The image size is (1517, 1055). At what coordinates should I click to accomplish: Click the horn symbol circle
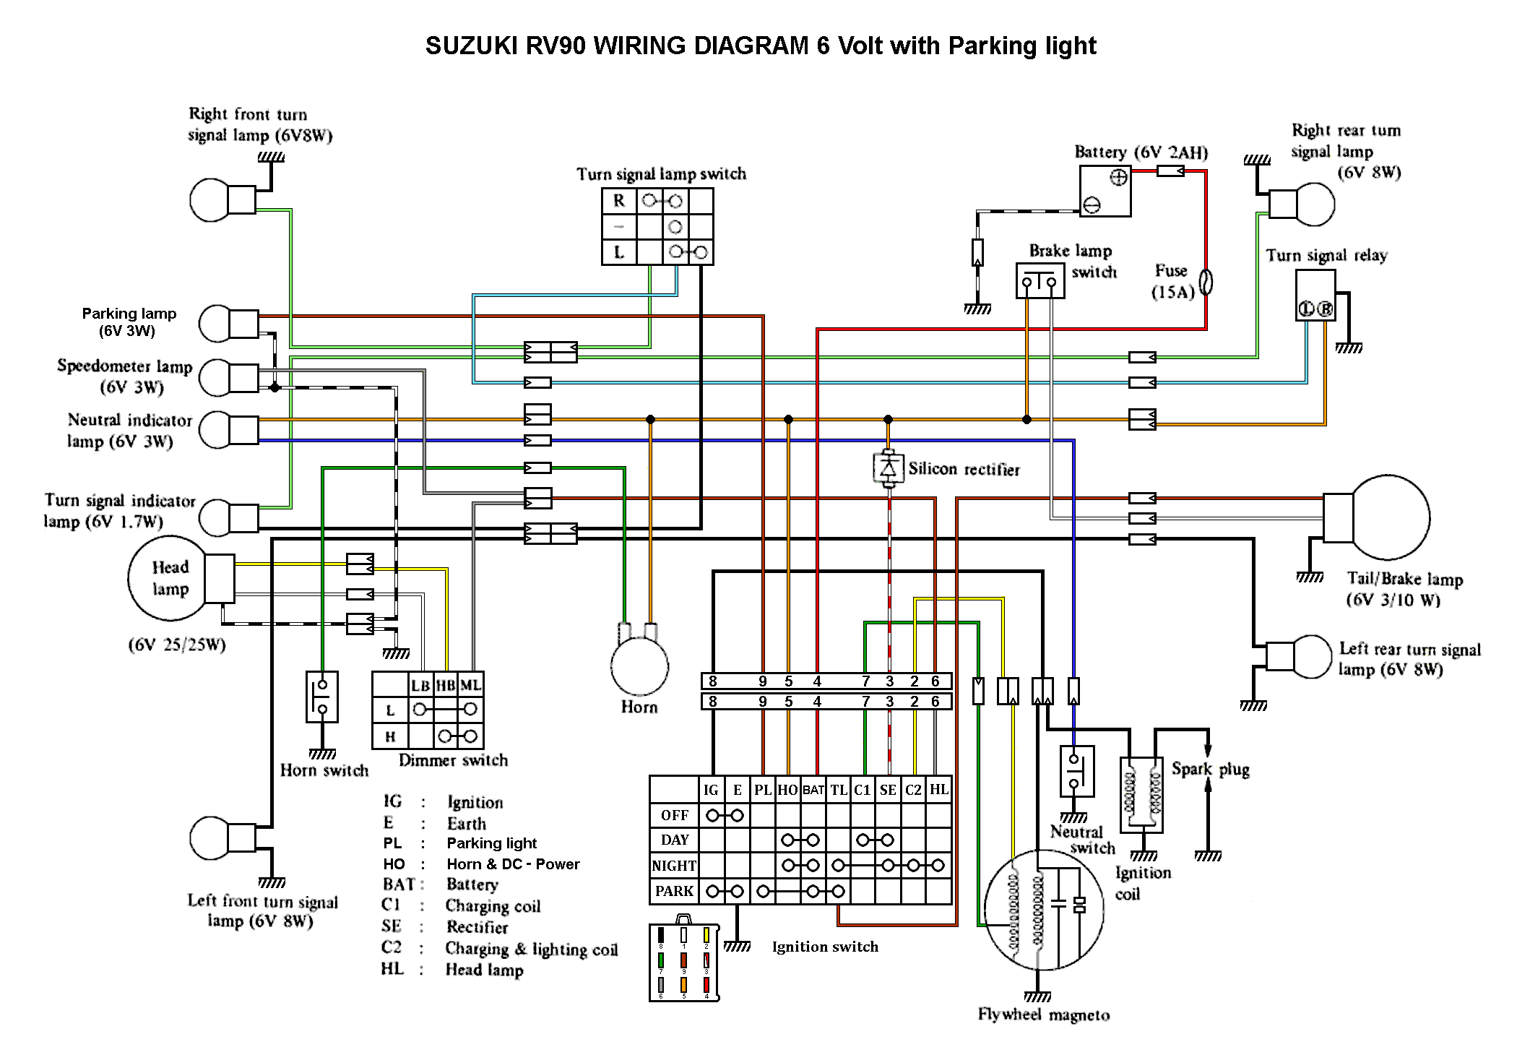[639, 667]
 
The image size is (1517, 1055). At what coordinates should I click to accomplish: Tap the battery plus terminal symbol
[1118, 178]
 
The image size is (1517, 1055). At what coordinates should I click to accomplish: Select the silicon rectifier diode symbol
[889, 469]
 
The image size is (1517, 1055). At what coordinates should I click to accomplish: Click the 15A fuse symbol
[1206, 282]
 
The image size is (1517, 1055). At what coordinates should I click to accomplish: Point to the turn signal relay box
[1315, 296]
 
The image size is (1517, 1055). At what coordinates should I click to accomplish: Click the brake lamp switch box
[1040, 280]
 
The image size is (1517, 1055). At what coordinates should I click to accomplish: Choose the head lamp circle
[168, 578]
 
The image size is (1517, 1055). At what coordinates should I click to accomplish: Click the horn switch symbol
[322, 697]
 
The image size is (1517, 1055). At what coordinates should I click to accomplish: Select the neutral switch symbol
[1076, 771]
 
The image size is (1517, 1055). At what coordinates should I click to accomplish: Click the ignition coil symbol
[1141, 794]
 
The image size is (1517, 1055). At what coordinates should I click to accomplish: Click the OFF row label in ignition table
[674, 815]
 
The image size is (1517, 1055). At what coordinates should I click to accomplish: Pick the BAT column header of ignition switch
[813, 790]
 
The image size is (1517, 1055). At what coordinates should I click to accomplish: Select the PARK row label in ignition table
[674, 891]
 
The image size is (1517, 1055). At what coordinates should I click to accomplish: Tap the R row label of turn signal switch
[619, 201]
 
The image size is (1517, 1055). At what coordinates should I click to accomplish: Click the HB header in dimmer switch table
[445, 685]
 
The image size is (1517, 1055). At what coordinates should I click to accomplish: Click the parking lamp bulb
[215, 323]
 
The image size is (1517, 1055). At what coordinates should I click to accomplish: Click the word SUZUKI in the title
[471, 46]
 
